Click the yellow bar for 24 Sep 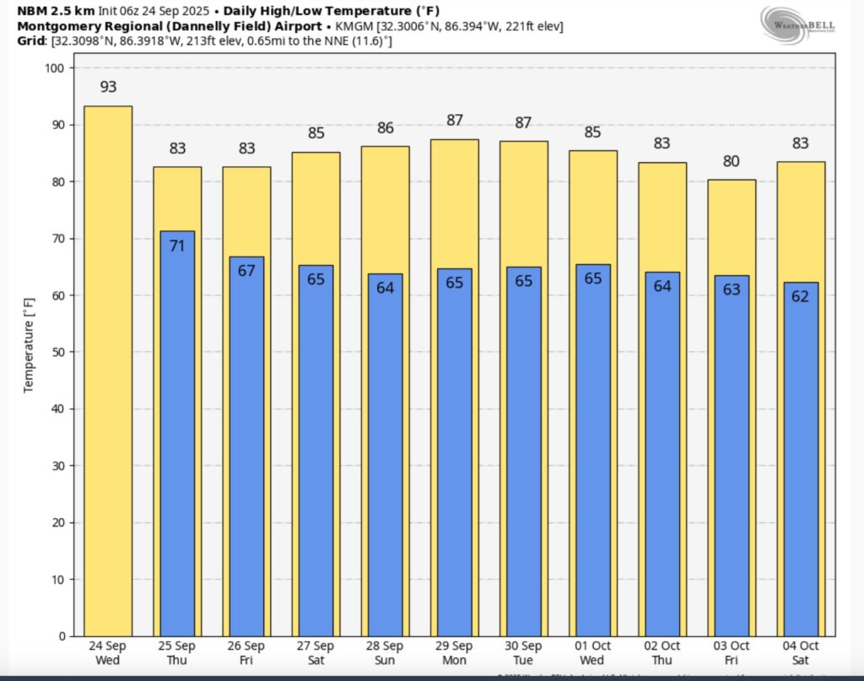click(108, 371)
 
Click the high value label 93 click(108, 87)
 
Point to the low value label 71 click(177, 246)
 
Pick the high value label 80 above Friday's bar click(732, 161)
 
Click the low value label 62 click(801, 297)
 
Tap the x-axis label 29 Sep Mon click(454, 651)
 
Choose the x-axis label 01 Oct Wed click(592, 651)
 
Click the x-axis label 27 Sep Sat click(316, 651)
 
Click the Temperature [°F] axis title click(30, 344)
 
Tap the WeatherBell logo click(796, 25)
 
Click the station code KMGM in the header click(355, 27)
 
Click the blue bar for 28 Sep click(385, 456)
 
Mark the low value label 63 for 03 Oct click(732, 291)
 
